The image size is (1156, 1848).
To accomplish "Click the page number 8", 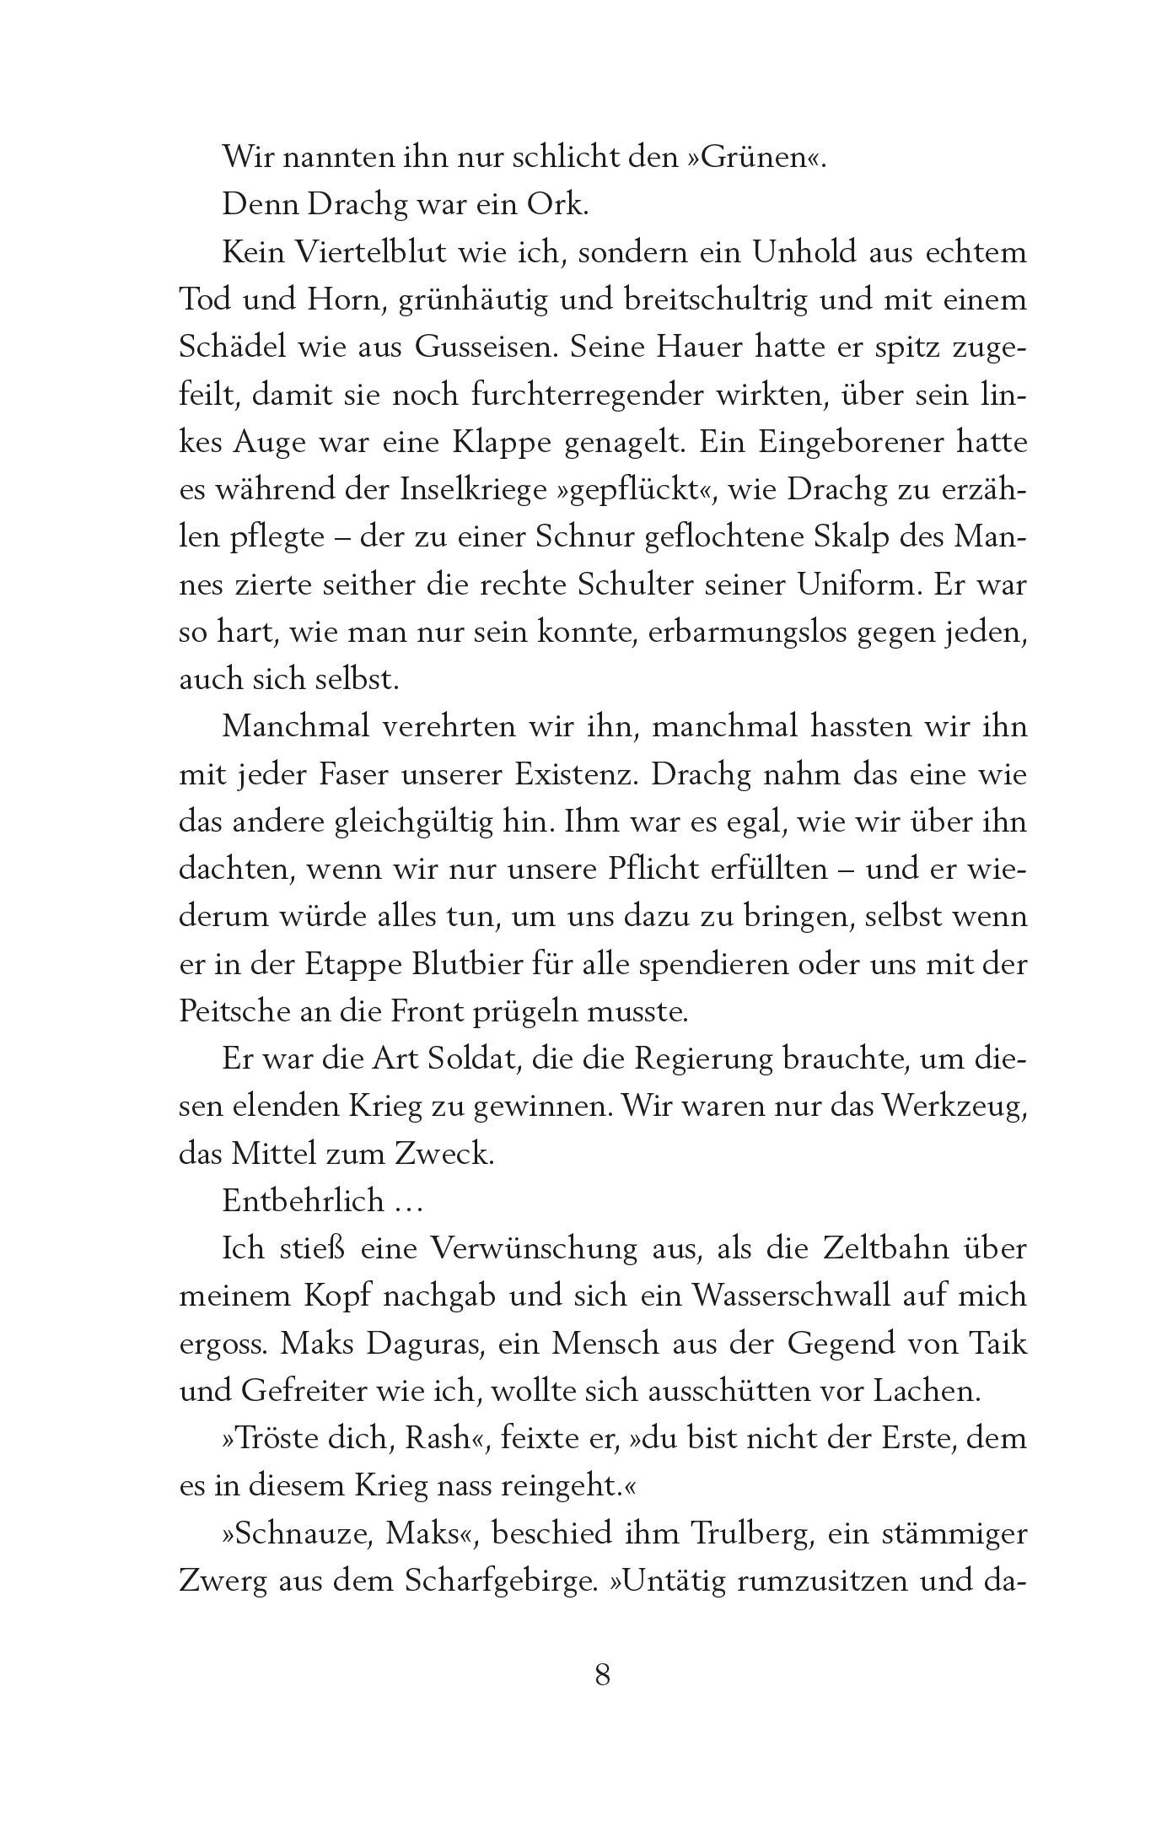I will [x=603, y=1673].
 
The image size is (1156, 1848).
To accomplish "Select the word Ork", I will [x=558, y=206].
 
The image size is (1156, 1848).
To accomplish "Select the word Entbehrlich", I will [x=303, y=1201].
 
